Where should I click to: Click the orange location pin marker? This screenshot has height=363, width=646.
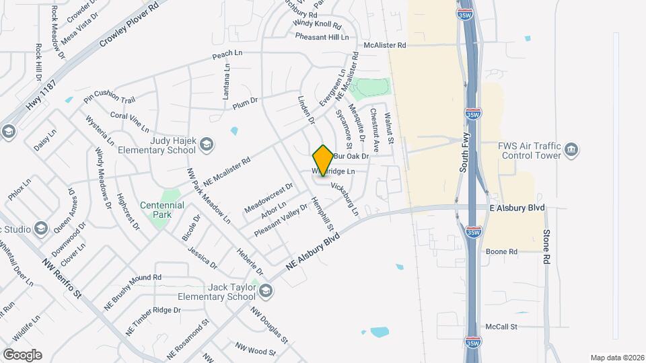[x=323, y=161]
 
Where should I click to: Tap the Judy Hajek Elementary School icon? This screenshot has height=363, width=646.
[x=207, y=143]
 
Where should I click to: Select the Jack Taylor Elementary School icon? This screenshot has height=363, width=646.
[x=266, y=290]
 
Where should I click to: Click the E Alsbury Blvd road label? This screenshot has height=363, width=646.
[x=517, y=207]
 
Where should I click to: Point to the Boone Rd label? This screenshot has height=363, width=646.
[x=503, y=251]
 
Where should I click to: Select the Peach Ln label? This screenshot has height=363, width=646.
[x=227, y=52]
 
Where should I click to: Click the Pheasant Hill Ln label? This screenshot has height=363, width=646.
[x=322, y=37]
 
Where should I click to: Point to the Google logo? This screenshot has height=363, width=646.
[x=22, y=354]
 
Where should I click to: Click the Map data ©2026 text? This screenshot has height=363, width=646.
[x=616, y=358]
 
